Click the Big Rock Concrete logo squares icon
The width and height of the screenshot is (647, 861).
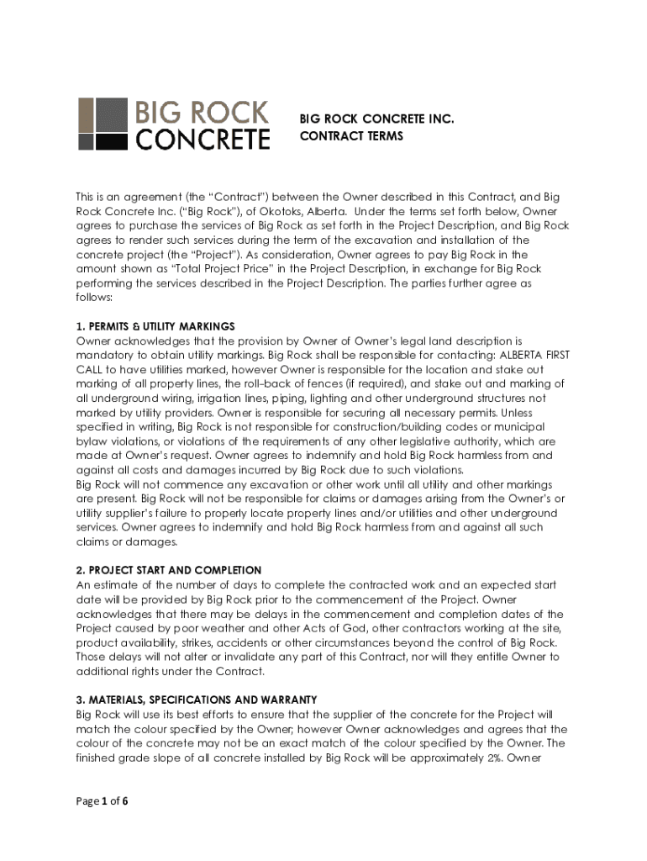[103, 124]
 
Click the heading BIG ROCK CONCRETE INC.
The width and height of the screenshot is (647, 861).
[376, 119]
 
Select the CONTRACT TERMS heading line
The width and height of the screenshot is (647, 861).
[351, 136]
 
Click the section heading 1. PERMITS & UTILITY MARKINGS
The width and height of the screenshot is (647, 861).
[155, 326]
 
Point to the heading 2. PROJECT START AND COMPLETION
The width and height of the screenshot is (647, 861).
[168, 570]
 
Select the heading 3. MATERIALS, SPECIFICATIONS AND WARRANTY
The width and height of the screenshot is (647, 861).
[196, 700]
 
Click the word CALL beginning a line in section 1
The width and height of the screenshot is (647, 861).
[90, 369]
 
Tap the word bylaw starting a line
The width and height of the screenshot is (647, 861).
[91, 441]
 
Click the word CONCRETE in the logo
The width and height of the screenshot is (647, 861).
[203, 138]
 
